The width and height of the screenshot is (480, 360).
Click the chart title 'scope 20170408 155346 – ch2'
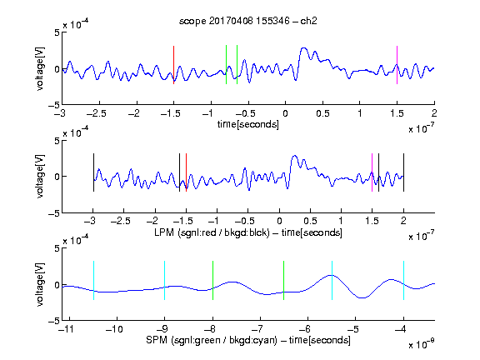(248, 21)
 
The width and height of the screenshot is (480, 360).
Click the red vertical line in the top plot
(173, 65)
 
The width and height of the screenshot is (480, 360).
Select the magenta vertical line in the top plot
(397, 65)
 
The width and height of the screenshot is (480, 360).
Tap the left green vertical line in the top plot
(226, 65)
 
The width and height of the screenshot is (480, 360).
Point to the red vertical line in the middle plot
(186, 172)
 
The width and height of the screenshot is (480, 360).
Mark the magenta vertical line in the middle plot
(372, 172)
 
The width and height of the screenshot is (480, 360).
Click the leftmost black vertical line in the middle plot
(93, 172)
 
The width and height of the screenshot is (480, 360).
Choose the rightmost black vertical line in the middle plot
(404, 172)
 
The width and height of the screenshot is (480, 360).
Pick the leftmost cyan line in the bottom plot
(93, 280)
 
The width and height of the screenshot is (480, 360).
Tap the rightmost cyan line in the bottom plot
(404, 280)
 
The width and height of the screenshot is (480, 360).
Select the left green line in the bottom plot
(212, 280)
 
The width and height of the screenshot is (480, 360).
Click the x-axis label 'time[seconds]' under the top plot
(248, 125)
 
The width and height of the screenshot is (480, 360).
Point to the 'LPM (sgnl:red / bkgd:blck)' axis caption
(212, 232)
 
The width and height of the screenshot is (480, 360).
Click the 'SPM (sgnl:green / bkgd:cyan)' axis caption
(212, 340)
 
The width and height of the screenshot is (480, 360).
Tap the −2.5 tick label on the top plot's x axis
(97, 113)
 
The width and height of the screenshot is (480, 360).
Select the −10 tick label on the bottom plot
(114, 329)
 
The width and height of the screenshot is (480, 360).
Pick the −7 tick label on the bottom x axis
(260, 329)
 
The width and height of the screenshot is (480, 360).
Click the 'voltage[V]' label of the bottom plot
(40, 284)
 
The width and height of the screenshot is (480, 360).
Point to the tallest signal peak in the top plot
(303, 48)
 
